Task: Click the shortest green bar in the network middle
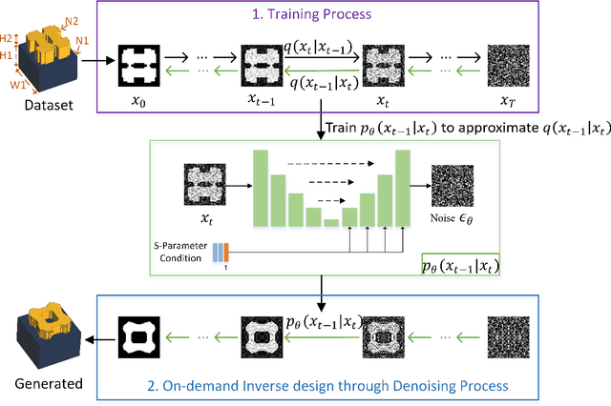[329, 222]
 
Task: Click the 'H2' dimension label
[7, 37]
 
